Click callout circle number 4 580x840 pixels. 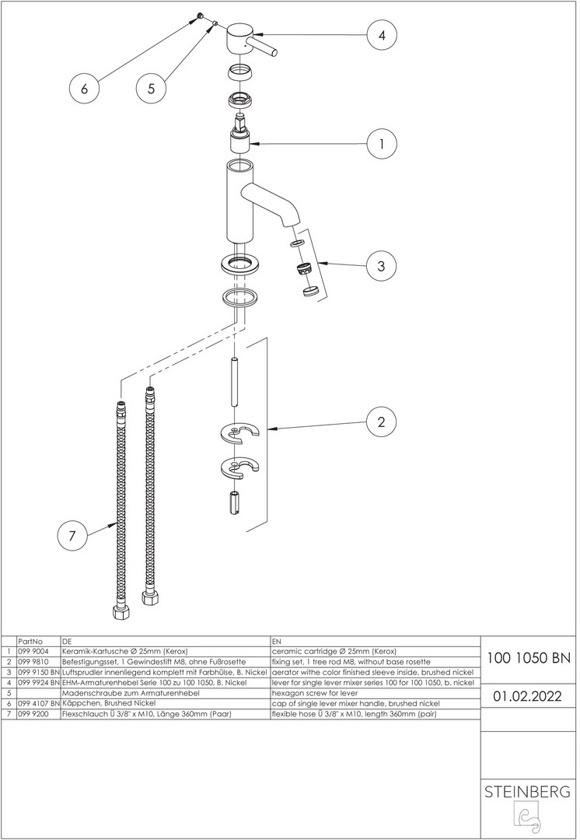click(382, 35)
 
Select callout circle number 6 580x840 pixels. click(85, 89)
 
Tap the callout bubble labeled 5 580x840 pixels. click(151, 89)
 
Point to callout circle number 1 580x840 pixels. click(382, 144)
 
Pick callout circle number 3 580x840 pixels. click(381, 265)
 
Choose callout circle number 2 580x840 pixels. click(381, 422)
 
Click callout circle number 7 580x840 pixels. click(72, 535)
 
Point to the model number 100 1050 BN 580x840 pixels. click(529, 657)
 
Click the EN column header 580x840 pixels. click(277, 640)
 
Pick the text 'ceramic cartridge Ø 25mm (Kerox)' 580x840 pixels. click(334, 651)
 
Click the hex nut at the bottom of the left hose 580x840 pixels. click(121, 611)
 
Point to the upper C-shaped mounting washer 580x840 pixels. click(242, 435)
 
